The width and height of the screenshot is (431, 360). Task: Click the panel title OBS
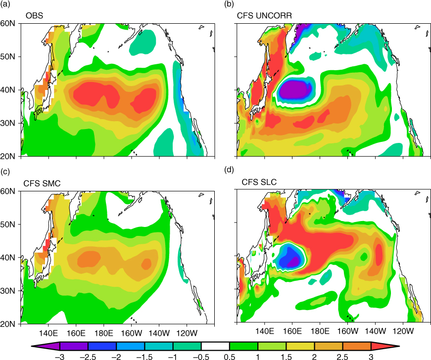tap(34, 15)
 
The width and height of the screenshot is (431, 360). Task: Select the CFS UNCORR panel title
tap(264, 15)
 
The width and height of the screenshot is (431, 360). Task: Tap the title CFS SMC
tap(42, 183)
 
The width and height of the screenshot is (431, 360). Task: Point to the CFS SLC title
tap(259, 182)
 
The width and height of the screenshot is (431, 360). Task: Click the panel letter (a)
tap(5, 4)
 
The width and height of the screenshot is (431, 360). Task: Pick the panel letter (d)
tap(229, 170)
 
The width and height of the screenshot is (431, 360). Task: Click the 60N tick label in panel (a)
tap(8, 23)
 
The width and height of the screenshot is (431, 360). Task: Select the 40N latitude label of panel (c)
tap(8, 258)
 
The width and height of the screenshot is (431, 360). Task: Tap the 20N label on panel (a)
tap(8, 156)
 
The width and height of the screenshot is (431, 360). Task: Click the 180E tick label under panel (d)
tap(320, 331)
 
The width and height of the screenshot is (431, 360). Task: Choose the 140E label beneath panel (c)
tap(48, 333)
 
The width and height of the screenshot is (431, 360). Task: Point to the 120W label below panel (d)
tap(403, 331)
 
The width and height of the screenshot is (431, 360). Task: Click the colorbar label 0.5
tap(230, 357)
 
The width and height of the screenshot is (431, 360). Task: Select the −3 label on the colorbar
tap(60, 357)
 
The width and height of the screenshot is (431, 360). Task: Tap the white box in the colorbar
tap(215, 346)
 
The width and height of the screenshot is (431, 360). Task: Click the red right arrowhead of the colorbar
tap(384, 346)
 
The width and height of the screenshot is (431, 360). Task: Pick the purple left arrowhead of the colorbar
tap(46, 346)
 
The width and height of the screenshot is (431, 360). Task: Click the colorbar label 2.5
tap(342, 357)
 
